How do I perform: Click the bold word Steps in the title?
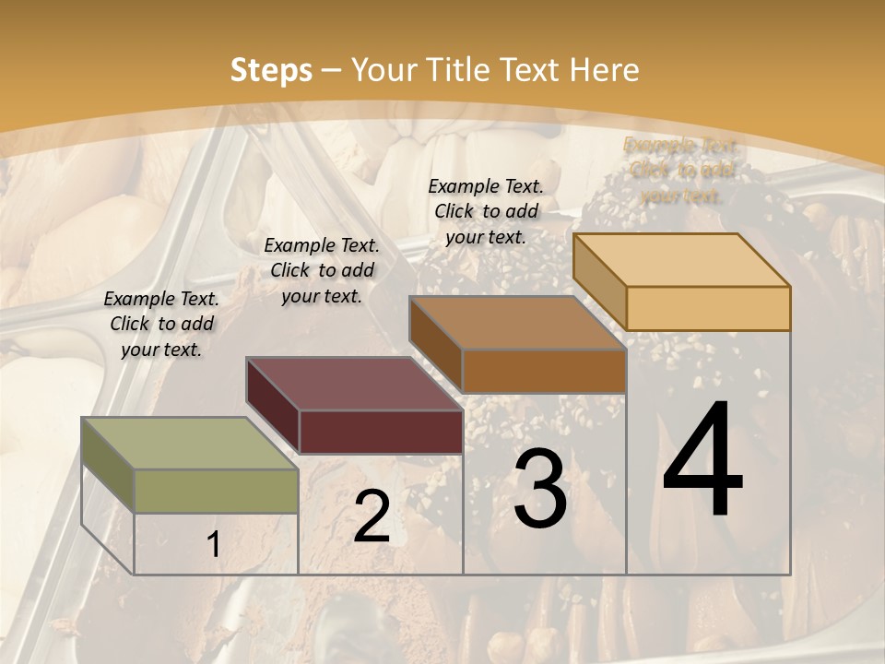[271, 70]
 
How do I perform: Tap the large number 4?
[702, 461]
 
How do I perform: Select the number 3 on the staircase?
[539, 491]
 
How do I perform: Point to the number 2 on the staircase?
[372, 516]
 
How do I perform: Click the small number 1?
[213, 545]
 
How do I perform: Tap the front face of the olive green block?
[217, 491]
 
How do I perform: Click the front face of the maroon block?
[381, 432]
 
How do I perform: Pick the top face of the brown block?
[517, 323]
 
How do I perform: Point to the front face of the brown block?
[544, 371]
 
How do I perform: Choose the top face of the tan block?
[681, 260]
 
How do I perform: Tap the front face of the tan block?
[708, 308]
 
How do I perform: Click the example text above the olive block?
[161, 325]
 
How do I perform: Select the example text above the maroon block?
[322, 270]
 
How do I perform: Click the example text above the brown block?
[486, 211]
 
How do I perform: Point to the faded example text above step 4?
[680, 171]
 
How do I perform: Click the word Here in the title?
[605, 70]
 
